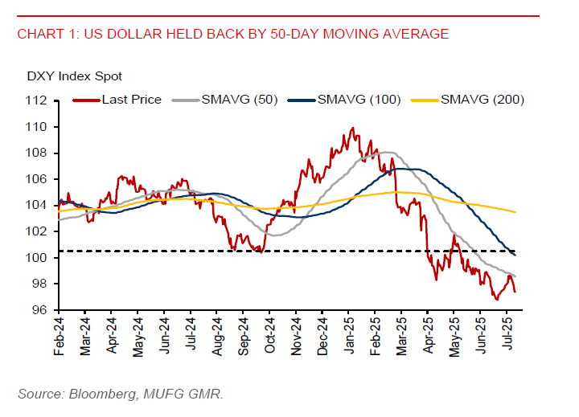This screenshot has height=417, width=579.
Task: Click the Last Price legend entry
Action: point(131,100)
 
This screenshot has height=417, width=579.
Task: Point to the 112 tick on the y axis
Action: point(39,100)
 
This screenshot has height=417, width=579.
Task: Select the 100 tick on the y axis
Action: point(39,258)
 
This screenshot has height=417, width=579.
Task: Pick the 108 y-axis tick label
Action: point(39,153)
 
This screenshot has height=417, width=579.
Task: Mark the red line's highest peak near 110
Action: point(352,128)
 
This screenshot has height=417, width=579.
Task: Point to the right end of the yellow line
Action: point(515,212)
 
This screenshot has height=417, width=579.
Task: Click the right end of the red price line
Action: point(515,292)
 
